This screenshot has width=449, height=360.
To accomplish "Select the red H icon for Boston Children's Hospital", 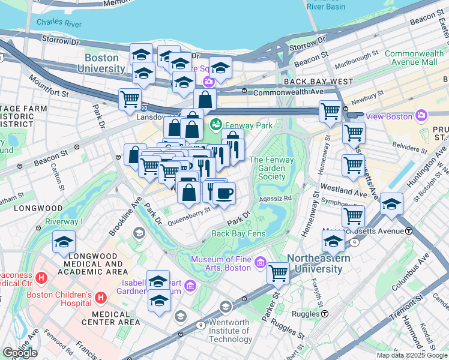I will tap(101, 297).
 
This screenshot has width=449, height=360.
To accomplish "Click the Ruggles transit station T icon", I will tap(324, 313).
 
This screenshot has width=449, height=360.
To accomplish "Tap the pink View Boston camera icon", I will tap(421, 115).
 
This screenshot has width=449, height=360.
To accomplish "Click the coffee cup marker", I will tap(224, 194).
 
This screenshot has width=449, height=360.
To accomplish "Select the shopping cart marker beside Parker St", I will tap(278, 273).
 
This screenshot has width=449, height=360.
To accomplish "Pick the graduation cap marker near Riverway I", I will tap(64, 242).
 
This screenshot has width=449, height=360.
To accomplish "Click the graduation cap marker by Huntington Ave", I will tap(391, 204).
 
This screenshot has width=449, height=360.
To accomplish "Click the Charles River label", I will tap(58, 23).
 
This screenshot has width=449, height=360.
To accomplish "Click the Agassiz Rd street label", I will tap(275, 198).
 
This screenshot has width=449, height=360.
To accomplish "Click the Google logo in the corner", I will tap(19, 353).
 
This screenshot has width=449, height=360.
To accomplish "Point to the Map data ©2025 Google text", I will tap(412, 355).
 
